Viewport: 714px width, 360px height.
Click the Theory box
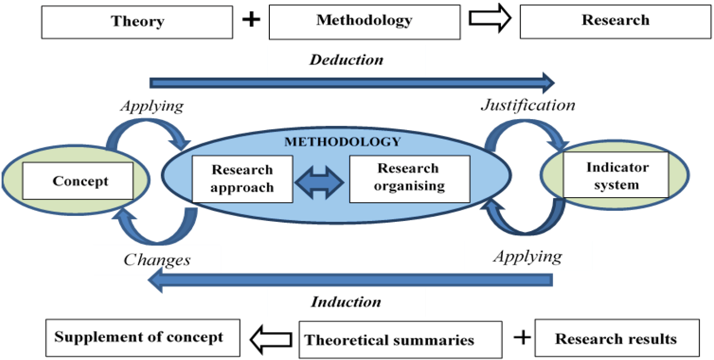point(137,22)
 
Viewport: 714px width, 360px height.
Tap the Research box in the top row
point(615,21)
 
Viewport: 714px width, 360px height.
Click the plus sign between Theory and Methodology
point(251,21)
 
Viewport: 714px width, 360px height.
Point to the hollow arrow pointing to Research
point(490,19)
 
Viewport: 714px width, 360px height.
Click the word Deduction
point(347,60)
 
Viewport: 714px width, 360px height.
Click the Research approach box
point(242,179)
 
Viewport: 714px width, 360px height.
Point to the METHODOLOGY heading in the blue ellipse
point(342,142)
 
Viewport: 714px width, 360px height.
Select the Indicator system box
point(616,175)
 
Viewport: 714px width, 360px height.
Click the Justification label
point(527,106)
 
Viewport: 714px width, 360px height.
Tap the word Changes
point(157,260)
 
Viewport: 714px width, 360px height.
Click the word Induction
point(346,302)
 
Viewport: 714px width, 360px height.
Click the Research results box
point(617,339)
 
